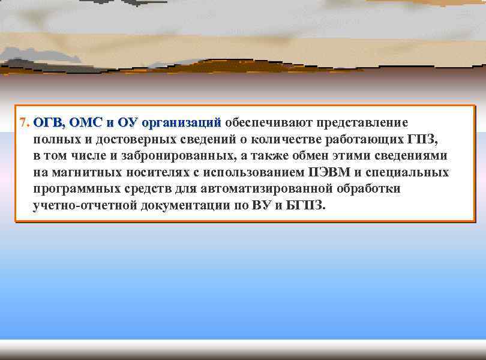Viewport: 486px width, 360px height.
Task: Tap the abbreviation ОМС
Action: [86, 123]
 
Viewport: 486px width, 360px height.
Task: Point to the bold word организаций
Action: [181, 123]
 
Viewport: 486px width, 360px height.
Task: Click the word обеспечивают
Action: [267, 123]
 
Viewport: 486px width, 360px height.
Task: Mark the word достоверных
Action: [136, 140]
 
